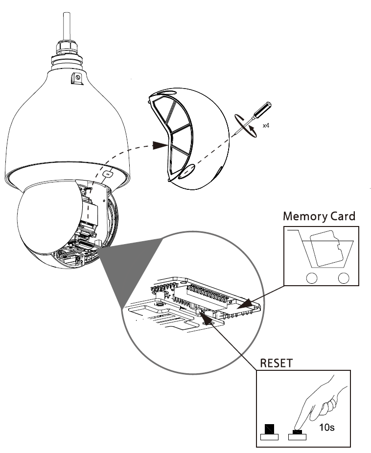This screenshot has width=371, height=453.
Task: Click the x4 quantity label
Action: tap(266, 126)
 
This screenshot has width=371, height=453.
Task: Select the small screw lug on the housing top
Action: tap(76, 77)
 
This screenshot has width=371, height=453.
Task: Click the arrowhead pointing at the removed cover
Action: tap(160, 145)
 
